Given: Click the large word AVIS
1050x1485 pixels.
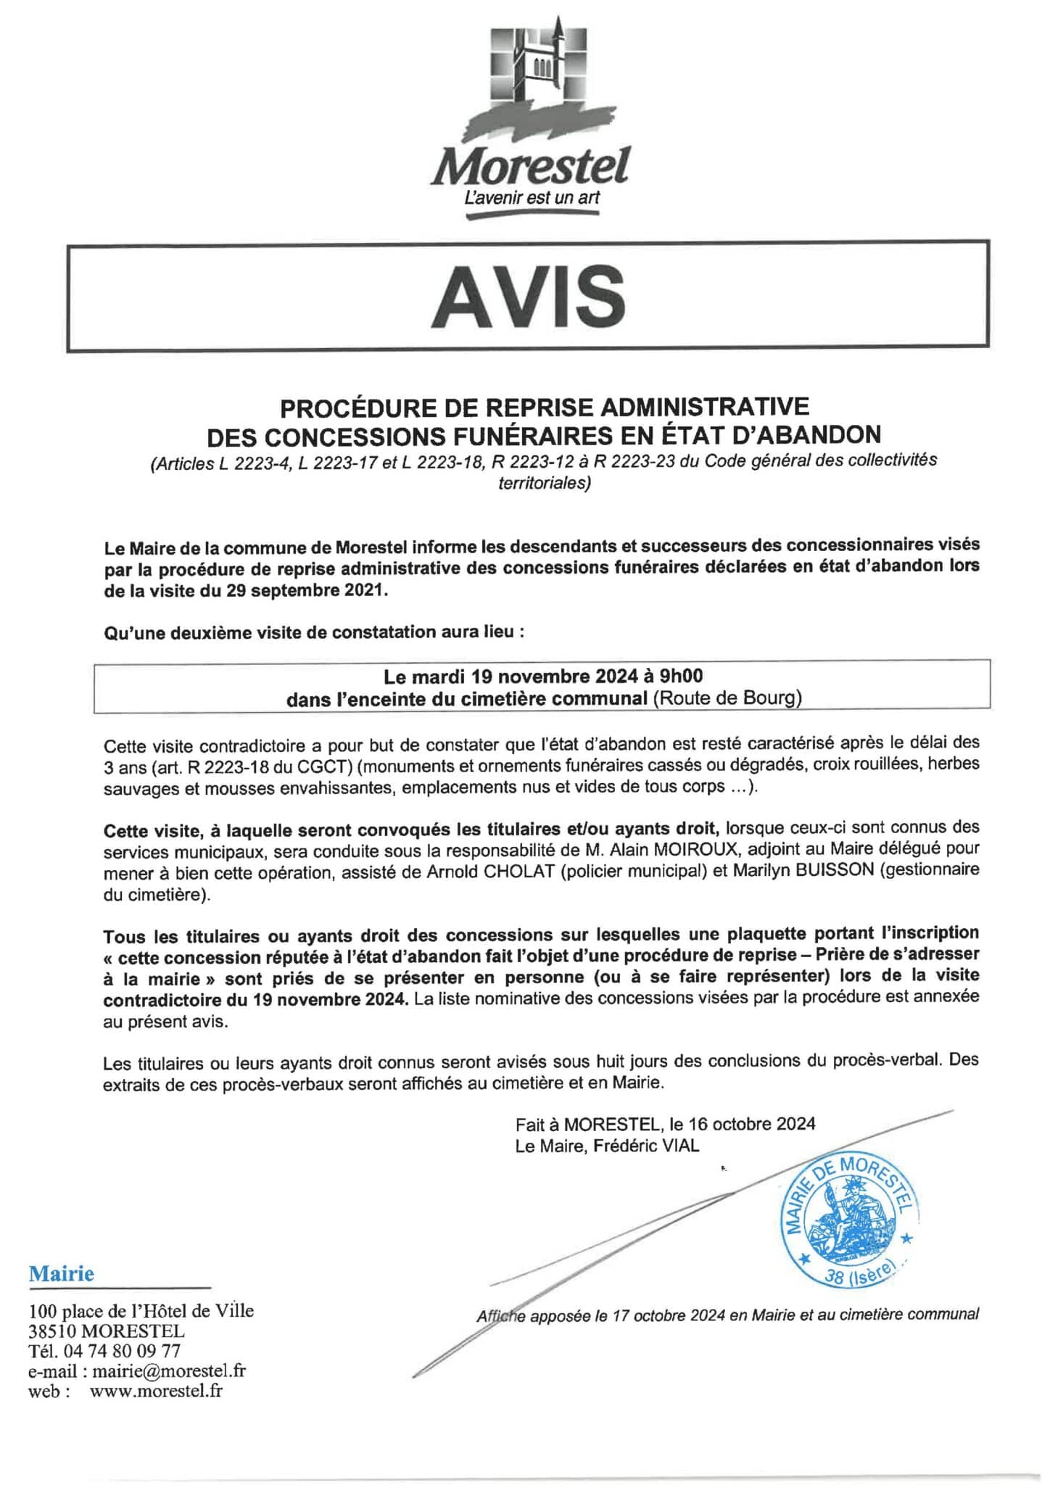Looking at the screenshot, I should pyautogui.click(x=528, y=298).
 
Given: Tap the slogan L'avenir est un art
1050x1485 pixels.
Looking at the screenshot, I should pyautogui.click(x=532, y=197).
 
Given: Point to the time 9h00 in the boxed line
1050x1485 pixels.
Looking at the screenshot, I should pyautogui.click(x=681, y=677).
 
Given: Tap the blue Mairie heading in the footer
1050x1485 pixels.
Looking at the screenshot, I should pyautogui.click(x=62, y=1274).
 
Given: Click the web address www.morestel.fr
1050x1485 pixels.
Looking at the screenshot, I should pyautogui.click(x=156, y=1390).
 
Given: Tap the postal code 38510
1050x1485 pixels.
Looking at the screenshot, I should pyautogui.click(x=52, y=1331).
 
